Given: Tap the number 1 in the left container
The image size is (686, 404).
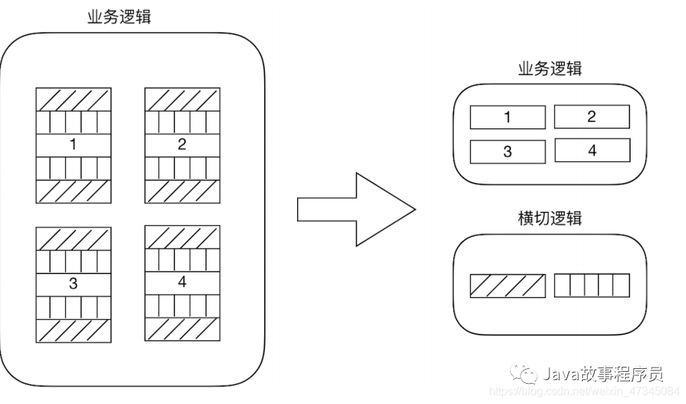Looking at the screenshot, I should click(73, 145).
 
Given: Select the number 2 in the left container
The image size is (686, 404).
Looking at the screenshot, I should click(182, 145).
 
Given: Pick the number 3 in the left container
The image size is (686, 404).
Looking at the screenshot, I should click(73, 284).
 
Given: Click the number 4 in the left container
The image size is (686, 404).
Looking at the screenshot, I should click(182, 282).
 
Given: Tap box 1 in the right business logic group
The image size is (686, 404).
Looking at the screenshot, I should click(507, 117).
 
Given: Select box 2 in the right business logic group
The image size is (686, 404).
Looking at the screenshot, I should click(591, 116).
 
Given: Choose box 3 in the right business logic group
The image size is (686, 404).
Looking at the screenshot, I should click(507, 151).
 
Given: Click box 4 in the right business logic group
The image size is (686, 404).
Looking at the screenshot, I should click(591, 150).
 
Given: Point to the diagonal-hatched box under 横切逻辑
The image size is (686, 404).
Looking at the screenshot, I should click(507, 285).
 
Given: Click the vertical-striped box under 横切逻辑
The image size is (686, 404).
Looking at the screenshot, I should click(591, 285).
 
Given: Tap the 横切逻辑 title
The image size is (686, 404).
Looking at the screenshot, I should click(549, 217).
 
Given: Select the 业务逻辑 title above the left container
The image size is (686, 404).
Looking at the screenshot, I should click(119, 17).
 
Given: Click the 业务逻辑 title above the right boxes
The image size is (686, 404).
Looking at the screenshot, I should click(549, 69).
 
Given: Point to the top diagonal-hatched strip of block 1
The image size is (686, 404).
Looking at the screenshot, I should click(73, 100).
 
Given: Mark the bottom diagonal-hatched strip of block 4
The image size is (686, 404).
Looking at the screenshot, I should click(182, 328).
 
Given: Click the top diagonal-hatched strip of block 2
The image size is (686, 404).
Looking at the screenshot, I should click(182, 100).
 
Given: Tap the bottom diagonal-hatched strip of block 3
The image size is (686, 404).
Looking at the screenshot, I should click(73, 330).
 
